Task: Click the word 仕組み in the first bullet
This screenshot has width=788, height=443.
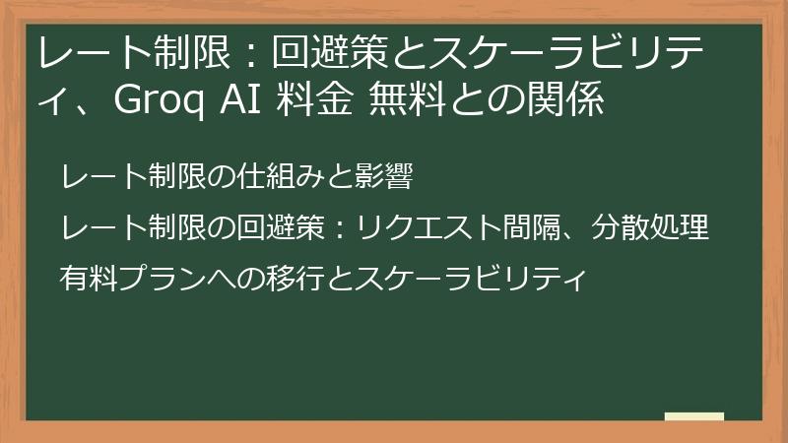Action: tap(281, 178)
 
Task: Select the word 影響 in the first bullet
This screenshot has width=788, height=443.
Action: tap(382, 178)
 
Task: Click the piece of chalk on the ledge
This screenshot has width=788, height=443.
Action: tap(693, 416)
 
